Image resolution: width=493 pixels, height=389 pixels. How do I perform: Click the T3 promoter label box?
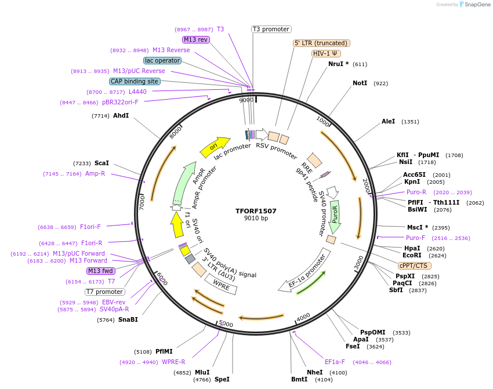coord(271,29)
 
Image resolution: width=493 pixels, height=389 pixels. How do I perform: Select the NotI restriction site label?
coord(360,83)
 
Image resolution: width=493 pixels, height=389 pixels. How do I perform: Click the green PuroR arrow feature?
coord(335,214)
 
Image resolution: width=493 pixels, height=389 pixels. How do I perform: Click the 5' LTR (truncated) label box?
coord(321,43)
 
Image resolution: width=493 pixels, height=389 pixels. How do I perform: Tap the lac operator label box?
coord(162,60)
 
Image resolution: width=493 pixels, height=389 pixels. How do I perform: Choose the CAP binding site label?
coord(135,82)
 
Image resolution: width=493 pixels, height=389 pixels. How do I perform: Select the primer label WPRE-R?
coord(173,362)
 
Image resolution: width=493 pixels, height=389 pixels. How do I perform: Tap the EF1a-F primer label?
coord(335,362)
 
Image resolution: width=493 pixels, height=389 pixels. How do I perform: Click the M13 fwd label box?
coord(100,271)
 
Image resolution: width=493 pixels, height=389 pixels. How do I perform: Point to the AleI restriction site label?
coord(388,122)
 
